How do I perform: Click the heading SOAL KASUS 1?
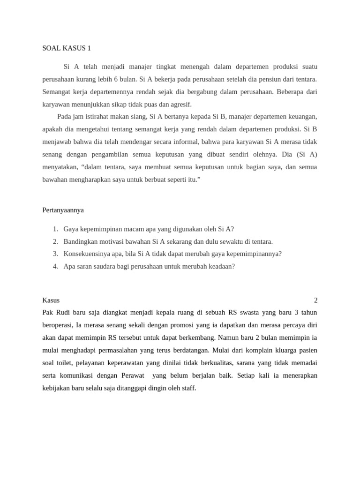pos(67,48)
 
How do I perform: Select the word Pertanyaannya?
pos(63,210)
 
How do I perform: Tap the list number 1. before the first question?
pos(55,229)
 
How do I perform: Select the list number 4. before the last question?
pos(55,266)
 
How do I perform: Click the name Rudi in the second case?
pos(66,312)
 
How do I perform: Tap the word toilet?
pos(67,363)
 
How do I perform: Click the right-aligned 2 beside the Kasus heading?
pos(315,300)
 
